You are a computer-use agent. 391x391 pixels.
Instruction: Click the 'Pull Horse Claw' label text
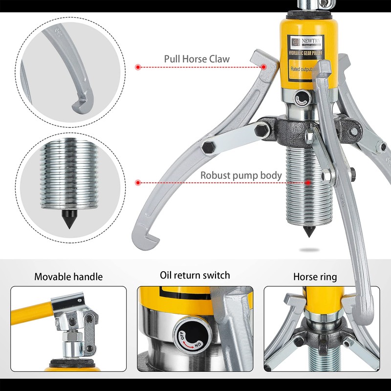(196, 60)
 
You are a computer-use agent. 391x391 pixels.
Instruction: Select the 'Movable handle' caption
(68, 277)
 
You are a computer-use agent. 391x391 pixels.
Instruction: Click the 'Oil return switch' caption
(195, 276)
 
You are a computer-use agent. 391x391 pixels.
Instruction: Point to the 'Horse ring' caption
(315, 277)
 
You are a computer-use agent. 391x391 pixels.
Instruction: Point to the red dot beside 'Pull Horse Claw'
(138, 66)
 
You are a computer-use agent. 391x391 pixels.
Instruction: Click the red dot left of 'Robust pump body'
(138, 182)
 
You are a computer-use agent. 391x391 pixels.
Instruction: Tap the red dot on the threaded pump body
(308, 182)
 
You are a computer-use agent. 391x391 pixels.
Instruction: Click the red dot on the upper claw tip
(264, 66)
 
